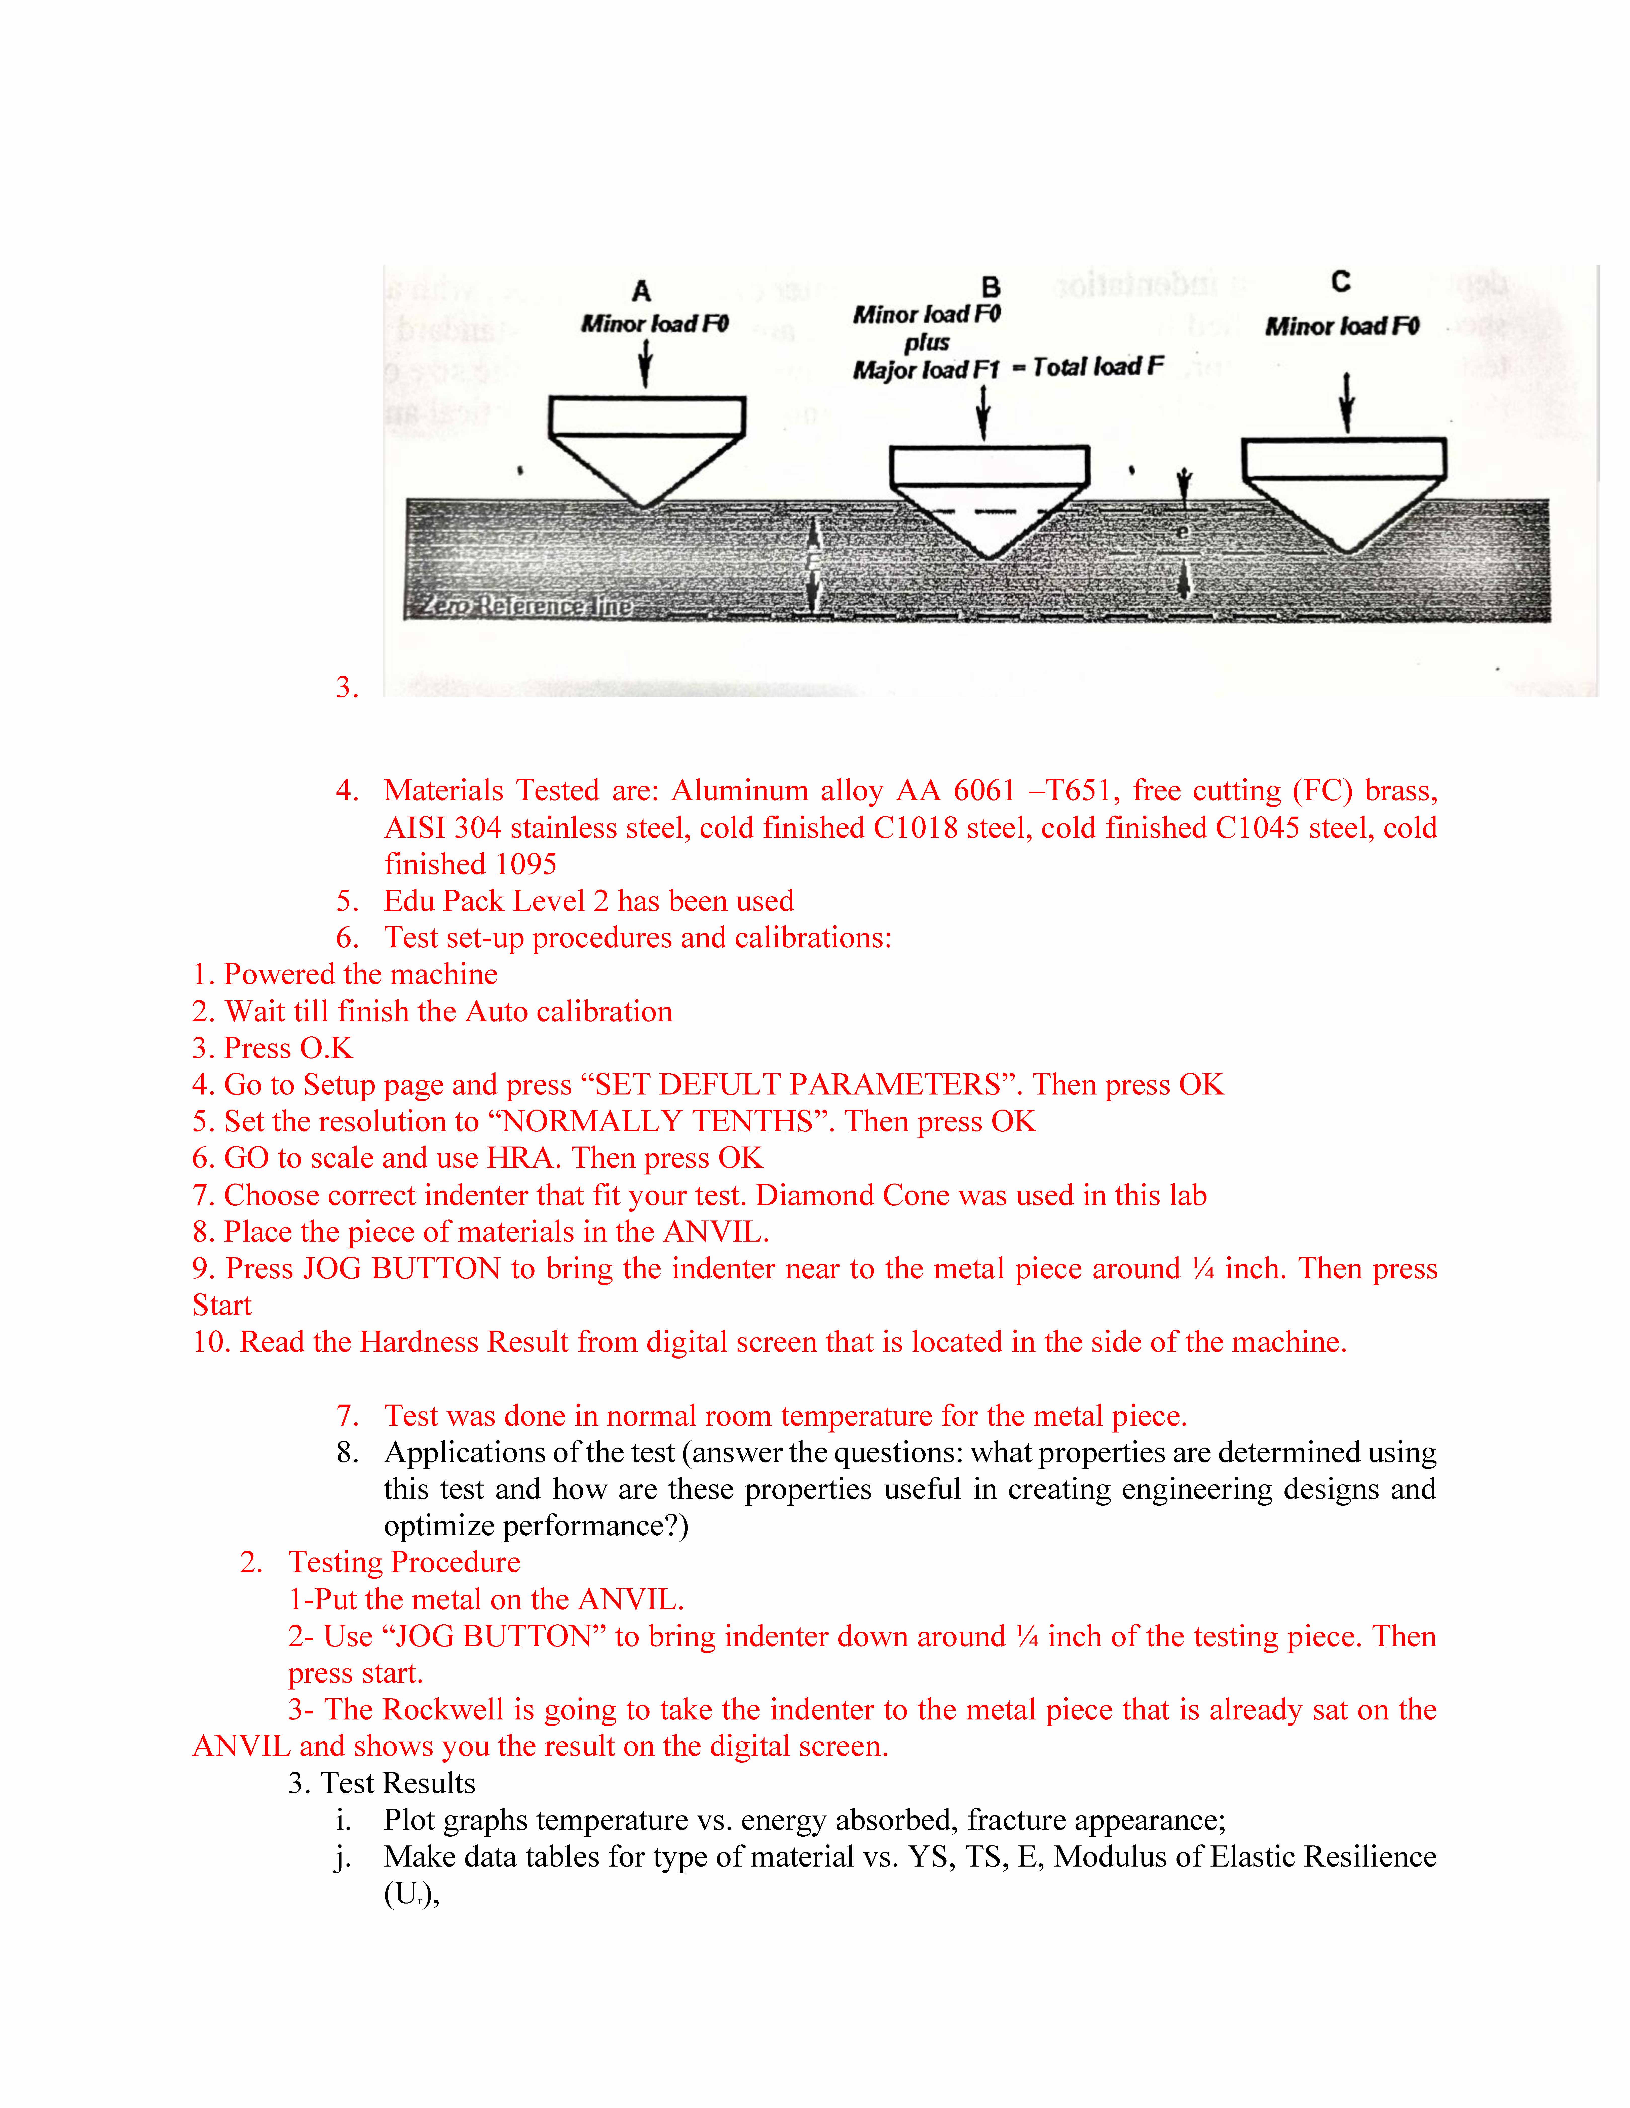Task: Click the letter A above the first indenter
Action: (641, 290)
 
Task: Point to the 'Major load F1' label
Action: (925, 370)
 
